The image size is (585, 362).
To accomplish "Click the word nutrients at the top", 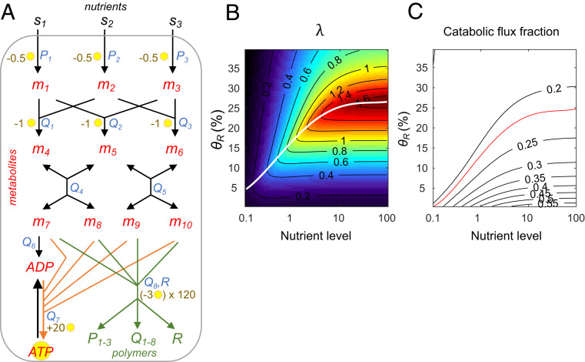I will [104, 7].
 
